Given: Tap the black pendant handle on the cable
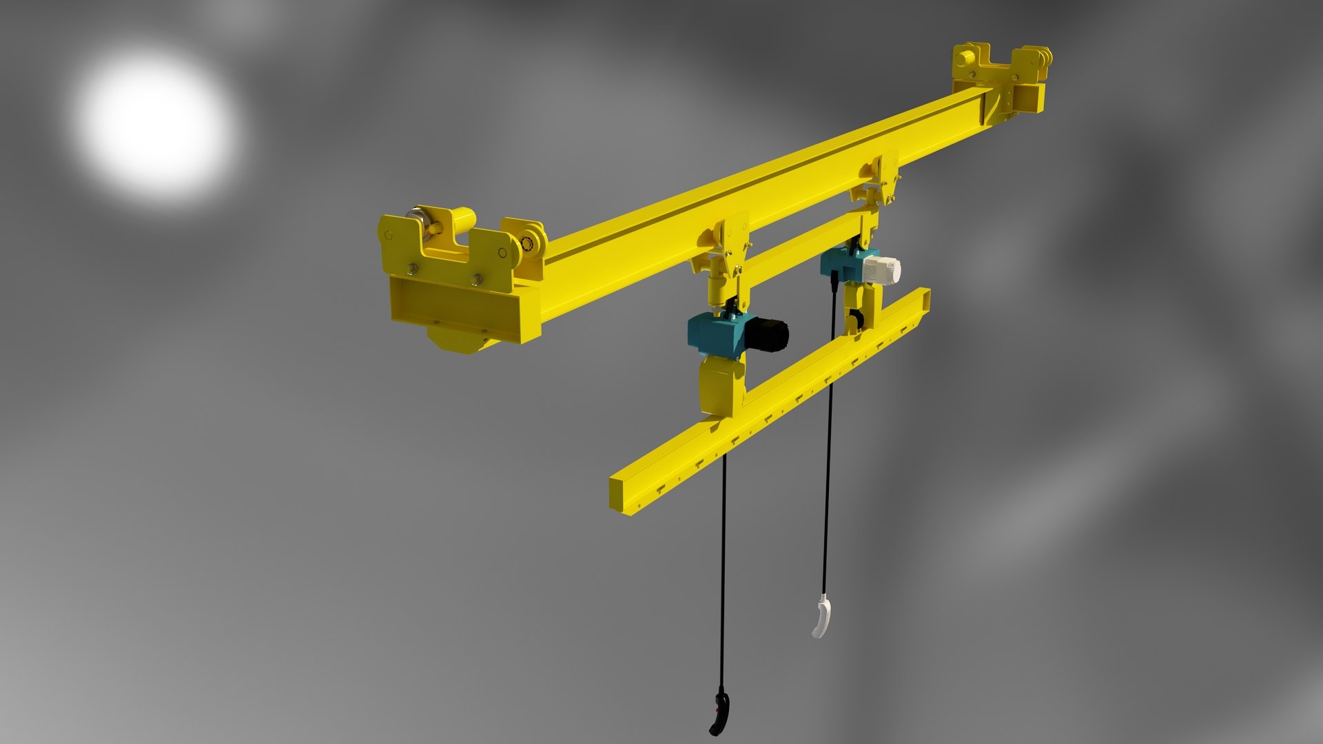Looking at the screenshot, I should pos(719,714).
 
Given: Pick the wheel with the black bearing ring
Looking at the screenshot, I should pos(531,242).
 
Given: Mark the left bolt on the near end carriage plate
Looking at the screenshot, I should pos(412,269).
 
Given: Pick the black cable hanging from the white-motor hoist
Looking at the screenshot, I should pos(828,441).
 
